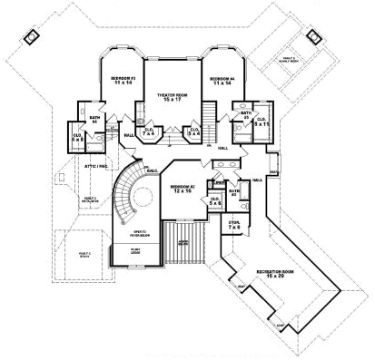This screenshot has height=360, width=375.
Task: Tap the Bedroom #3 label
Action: (123, 83)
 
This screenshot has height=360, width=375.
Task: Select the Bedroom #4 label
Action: (222, 83)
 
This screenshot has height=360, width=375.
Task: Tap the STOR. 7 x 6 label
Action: (233, 223)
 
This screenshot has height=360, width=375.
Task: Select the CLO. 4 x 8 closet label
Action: (77, 139)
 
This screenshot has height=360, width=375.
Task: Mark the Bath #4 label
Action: (94, 121)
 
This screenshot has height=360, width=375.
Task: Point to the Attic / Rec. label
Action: (85, 166)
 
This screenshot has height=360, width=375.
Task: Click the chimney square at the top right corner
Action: (316, 37)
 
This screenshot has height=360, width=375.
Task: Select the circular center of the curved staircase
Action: (136, 194)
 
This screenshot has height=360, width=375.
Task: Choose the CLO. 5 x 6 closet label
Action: (214, 201)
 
